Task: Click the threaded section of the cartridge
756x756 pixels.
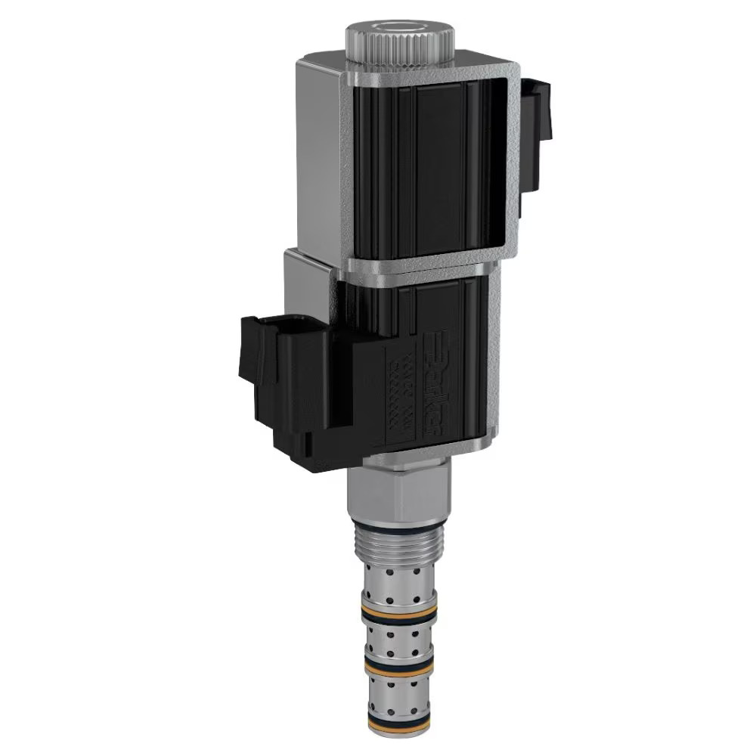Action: pos(398,541)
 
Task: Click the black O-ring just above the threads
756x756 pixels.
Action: pos(399,522)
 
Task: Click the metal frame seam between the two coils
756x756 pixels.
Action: pos(423,267)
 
